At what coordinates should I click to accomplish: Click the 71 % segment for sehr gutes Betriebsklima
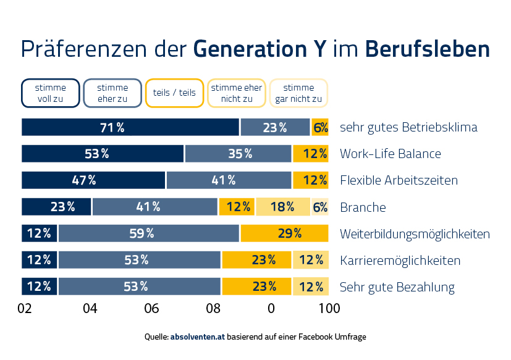point(130,127)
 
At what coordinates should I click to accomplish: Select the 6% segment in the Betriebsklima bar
point(319,127)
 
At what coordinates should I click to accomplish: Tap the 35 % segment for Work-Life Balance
point(238,154)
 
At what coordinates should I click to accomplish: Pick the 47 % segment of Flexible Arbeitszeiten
point(93,180)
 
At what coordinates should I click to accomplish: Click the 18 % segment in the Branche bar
point(282,207)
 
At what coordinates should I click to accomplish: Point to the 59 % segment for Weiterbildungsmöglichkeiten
point(149,233)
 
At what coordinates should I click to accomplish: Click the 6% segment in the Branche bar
point(319,207)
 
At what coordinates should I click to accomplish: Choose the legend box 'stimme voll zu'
point(51,93)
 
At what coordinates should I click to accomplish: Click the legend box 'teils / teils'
point(174,93)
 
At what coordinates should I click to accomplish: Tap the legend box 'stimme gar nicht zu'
point(298,93)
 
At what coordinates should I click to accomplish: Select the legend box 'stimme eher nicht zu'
point(237,93)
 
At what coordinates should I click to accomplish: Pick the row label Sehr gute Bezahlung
point(397,287)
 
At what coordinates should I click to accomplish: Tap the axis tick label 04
point(90,308)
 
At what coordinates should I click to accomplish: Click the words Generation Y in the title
point(260,49)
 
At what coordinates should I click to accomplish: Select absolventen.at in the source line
point(197,337)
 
